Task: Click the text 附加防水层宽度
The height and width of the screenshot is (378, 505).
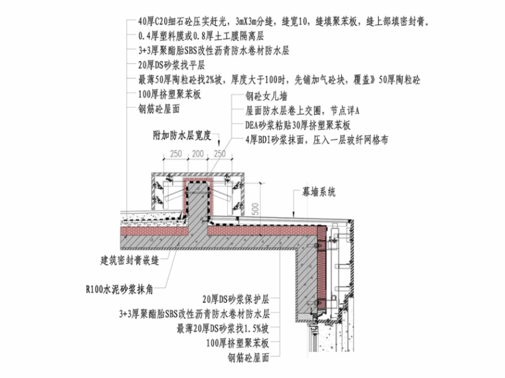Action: (181, 135)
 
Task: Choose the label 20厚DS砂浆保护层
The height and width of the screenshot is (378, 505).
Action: (239, 299)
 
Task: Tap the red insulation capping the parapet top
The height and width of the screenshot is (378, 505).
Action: (197, 180)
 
